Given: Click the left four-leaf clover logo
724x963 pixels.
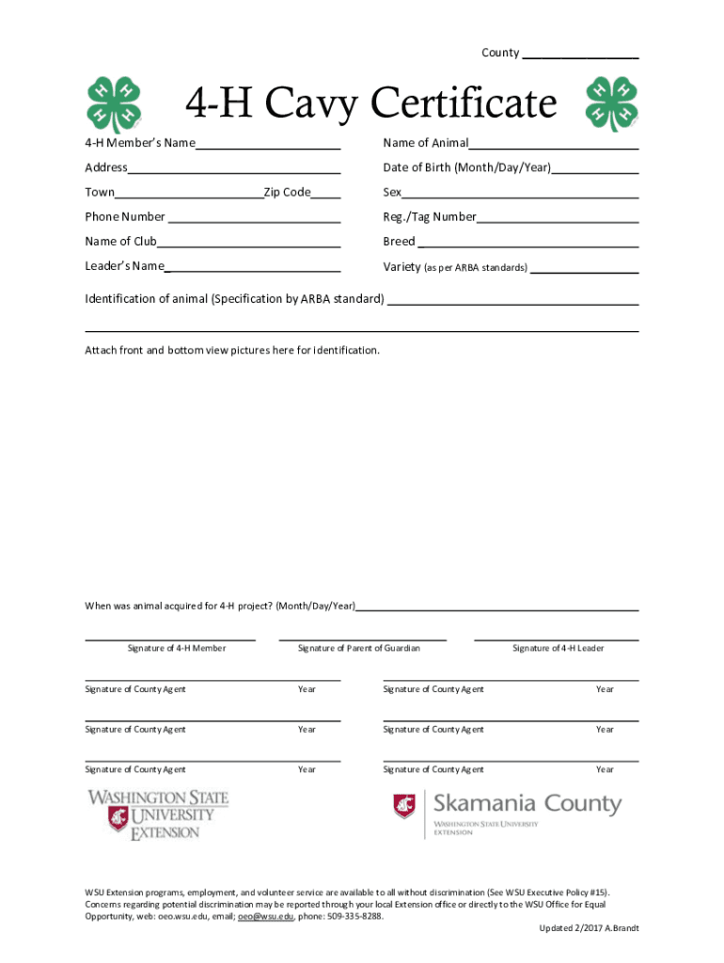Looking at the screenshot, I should [x=114, y=103].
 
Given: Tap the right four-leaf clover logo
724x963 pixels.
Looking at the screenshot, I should [x=611, y=103].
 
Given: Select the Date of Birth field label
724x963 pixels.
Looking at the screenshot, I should [x=466, y=168].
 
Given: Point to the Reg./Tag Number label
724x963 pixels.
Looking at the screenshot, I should [x=430, y=217].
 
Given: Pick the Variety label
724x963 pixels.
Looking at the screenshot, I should [x=401, y=266].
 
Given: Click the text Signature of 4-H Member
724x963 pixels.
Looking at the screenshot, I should [x=177, y=648].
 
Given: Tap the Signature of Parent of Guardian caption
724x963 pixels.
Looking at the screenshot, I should [x=358, y=648].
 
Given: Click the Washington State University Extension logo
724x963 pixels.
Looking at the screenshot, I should [x=158, y=814].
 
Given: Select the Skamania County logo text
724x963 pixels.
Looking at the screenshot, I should [x=527, y=805].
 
